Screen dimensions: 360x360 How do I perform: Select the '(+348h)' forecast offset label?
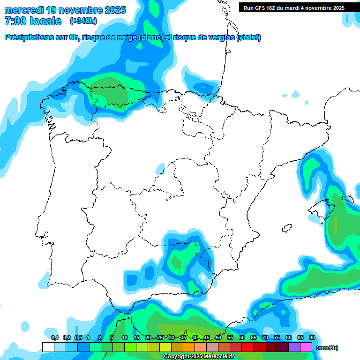click(x=83, y=21)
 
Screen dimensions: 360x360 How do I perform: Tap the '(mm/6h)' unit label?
click(x=327, y=348)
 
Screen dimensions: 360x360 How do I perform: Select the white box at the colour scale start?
click(x=48, y=347)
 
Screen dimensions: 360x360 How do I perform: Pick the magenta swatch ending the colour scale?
click(x=306, y=347)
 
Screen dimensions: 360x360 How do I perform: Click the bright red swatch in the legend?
click(x=247, y=347)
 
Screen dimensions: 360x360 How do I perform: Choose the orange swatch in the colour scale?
click(x=189, y=347)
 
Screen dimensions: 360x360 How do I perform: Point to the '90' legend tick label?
click(x=312, y=337)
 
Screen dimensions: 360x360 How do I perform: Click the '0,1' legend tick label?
click(x=54, y=337)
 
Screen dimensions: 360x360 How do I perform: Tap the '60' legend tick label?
click(x=242, y=337)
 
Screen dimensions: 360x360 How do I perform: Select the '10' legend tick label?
click(x=125, y=337)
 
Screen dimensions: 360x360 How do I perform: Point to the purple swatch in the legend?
click(x=294, y=347)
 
